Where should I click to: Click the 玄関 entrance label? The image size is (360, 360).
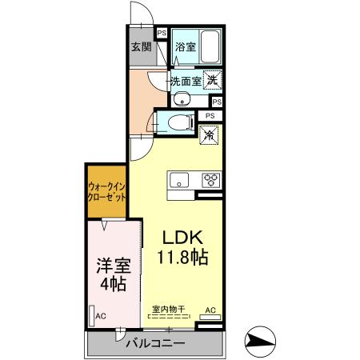(x=141, y=46)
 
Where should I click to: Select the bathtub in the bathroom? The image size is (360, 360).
(x=210, y=46)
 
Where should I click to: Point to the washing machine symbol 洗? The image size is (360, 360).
(x=212, y=79)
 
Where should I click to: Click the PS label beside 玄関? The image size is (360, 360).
(x=161, y=34)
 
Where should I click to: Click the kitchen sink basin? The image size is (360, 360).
(x=178, y=178)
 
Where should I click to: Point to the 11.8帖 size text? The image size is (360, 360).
(x=184, y=258)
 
